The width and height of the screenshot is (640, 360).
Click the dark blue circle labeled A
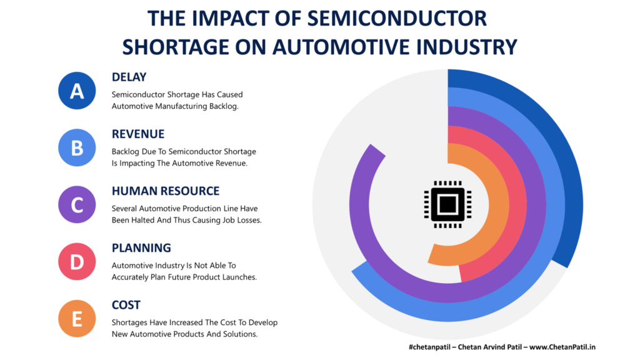[x=77, y=91]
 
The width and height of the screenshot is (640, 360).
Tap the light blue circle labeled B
[x=77, y=147]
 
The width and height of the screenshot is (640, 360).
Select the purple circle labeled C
[x=77, y=204]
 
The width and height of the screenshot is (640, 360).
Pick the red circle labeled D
[x=77, y=262]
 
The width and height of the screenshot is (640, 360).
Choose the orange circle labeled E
[x=77, y=318]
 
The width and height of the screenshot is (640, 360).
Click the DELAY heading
[x=129, y=77]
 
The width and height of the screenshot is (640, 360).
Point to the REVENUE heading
[x=138, y=134]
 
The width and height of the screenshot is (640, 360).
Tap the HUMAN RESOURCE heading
[x=166, y=191]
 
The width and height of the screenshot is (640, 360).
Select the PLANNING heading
[x=141, y=247]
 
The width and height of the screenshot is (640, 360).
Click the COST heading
[x=126, y=305]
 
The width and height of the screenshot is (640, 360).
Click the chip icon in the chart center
[x=447, y=204]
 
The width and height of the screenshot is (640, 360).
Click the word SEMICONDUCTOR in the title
[x=397, y=19]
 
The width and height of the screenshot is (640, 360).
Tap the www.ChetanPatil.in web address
[x=562, y=347]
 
